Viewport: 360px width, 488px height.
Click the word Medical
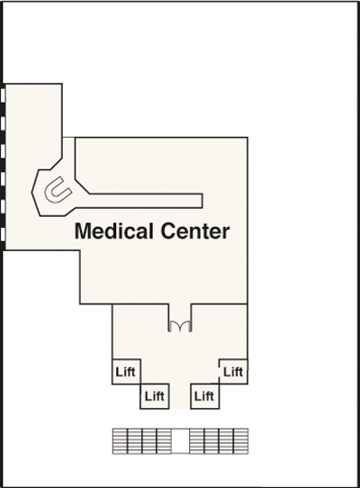pos(115,230)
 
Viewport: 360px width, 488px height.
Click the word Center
pos(195,230)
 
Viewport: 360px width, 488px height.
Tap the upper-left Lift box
pos(126,372)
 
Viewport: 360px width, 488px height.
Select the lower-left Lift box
pos(155,396)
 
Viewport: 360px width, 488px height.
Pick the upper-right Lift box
pos(233,372)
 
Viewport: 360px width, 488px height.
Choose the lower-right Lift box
pos(204,396)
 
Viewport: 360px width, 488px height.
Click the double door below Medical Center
pos(180,326)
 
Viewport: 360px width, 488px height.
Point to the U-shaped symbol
pos(58,190)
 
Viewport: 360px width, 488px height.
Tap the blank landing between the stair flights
pos(180,441)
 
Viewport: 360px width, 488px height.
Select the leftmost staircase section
pos(120,441)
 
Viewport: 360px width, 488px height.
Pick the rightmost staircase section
pos(241,441)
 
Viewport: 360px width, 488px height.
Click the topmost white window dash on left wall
pos(3,95)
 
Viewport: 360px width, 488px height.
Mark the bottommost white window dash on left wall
pos(3,235)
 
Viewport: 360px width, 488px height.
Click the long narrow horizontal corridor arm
pos(146,201)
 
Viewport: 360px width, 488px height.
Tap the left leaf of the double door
pos(174,326)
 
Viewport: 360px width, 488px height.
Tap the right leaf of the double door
pos(185,326)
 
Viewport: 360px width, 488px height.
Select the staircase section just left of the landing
pos(164,441)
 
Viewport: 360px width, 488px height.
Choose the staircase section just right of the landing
pos(196,441)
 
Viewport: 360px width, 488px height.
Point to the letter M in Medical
pos(83,230)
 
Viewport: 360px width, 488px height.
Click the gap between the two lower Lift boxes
pos(180,396)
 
